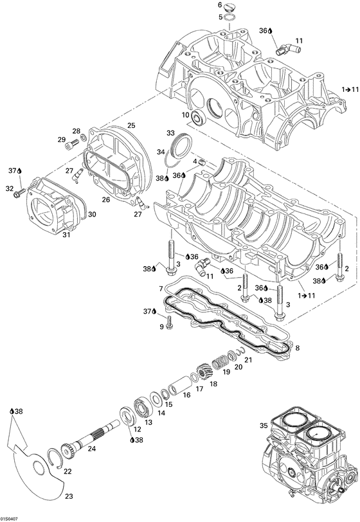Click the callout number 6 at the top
pos(220,5)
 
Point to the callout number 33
pos(171,132)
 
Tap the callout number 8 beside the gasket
pos(297,348)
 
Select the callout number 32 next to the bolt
pos(10,188)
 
